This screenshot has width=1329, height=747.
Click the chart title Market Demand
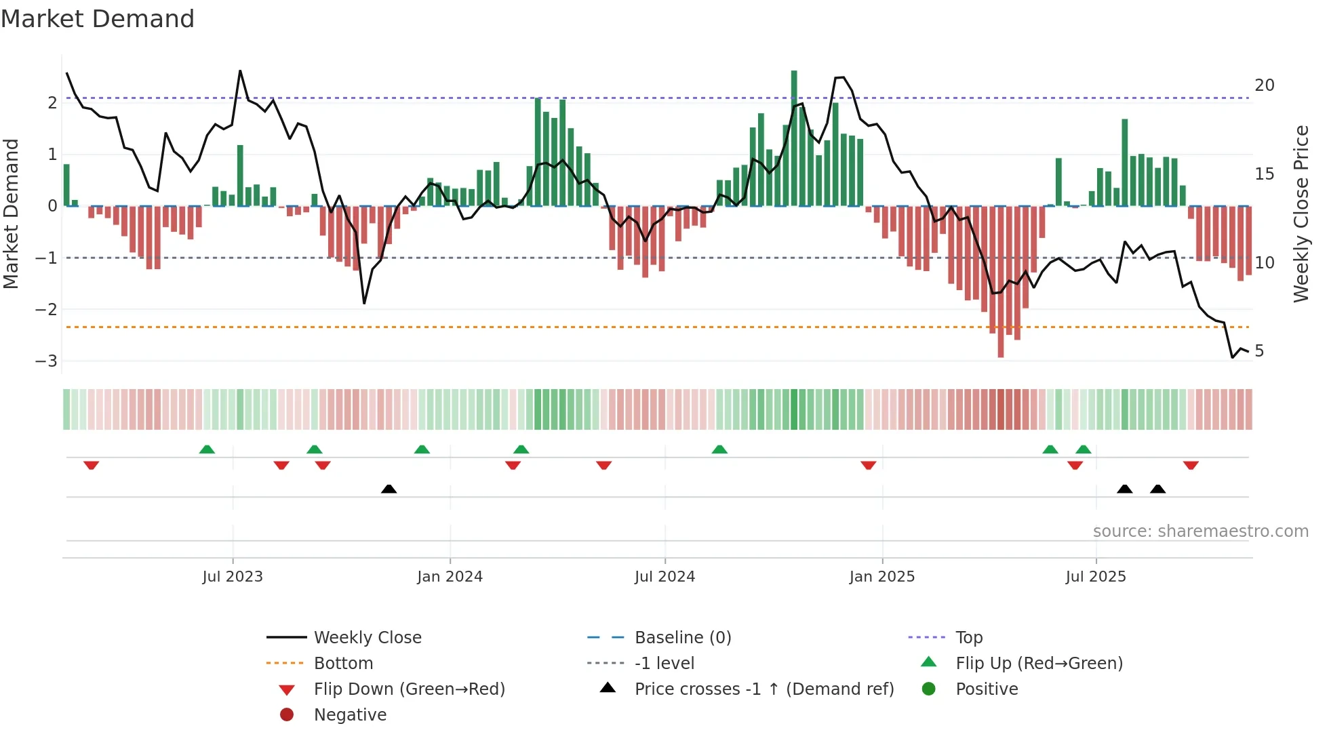click(98, 19)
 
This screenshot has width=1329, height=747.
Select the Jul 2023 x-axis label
click(233, 577)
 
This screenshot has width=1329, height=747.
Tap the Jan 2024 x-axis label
click(450, 577)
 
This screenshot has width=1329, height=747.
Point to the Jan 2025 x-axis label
click(881, 577)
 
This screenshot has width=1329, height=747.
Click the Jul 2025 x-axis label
click(1096, 577)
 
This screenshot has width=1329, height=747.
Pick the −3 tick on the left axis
click(46, 361)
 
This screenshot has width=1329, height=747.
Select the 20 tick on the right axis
click(1264, 85)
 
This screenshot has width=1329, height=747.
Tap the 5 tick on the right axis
click(1259, 351)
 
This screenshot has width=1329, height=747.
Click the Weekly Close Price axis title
click(1301, 214)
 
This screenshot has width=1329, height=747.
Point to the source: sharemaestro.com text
click(1200, 531)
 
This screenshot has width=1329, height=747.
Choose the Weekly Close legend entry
click(368, 638)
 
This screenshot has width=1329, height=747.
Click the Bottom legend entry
click(343, 664)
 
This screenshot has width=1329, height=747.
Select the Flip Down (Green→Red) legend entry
click(409, 689)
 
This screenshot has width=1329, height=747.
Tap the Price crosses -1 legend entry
click(764, 689)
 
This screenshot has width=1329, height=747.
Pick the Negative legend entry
click(350, 715)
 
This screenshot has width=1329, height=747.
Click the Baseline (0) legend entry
click(683, 638)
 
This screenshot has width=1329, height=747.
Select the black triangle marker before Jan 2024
click(389, 489)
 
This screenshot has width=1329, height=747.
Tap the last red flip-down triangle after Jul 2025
click(1191, 465)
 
